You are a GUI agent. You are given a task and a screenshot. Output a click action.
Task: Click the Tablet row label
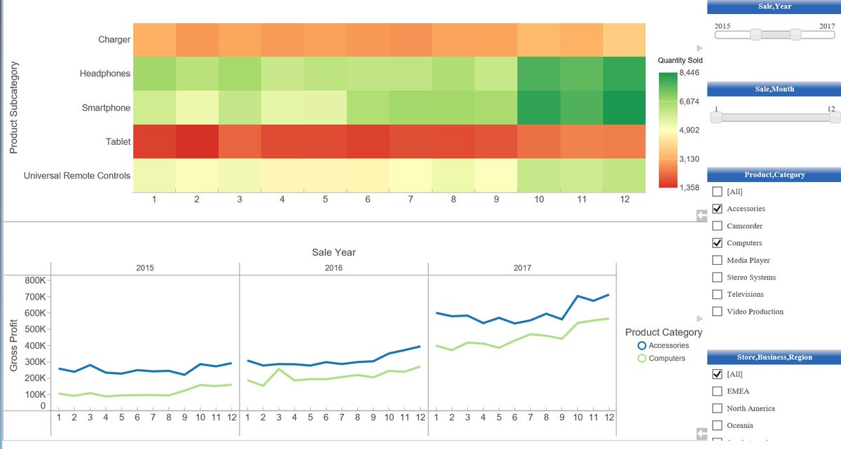(x=118, y=141)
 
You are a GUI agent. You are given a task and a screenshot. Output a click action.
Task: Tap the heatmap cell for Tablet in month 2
(x=196, y=141)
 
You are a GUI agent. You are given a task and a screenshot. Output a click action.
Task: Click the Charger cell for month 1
(x=153, y=39)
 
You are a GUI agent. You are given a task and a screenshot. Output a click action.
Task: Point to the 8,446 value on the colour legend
(x=690, y=74)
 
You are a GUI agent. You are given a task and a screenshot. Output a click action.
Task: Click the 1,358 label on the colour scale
(x=690, y=188)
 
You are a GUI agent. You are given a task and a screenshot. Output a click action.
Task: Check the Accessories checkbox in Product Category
(x=717, y=209)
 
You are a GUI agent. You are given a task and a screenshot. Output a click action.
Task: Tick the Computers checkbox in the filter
(x=717, y=243)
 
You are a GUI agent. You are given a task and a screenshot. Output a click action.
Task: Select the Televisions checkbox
(x=717, y=294)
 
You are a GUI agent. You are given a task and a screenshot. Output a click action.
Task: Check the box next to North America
(x=717, y=408)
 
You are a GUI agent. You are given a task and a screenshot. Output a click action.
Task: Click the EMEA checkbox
(x=717, y=391)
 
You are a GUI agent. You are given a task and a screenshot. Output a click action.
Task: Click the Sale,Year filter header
(x=774, y=6)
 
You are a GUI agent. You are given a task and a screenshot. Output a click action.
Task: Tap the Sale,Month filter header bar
(x=774, y=89)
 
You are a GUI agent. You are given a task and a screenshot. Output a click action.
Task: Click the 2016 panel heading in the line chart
(x=334, y=268)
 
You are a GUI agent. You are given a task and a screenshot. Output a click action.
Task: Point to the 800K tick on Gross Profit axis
(x=34, y=280)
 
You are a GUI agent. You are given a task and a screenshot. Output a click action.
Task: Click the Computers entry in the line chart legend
(x=666, y=358)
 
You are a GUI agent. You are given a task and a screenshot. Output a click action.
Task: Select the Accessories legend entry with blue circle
(x=668, y=345)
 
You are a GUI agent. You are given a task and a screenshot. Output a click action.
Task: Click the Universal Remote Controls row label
(x=77, y=176)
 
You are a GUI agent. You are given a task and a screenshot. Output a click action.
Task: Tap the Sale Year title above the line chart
(x=334, y=252)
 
